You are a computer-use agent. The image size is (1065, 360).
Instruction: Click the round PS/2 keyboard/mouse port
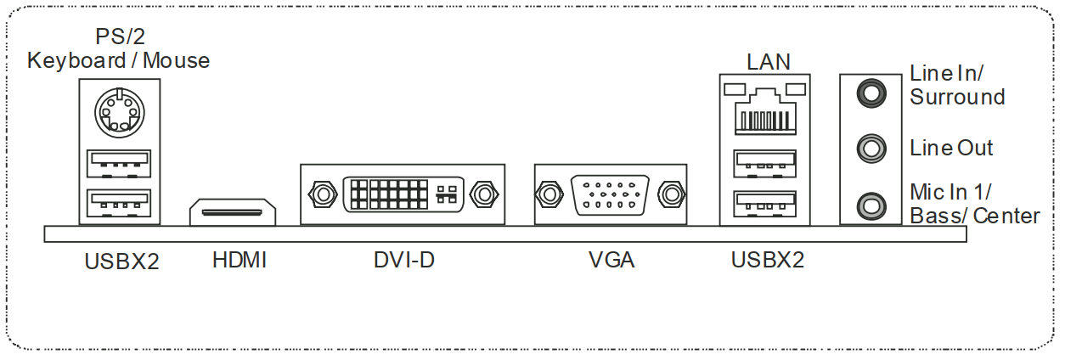click(119, 111)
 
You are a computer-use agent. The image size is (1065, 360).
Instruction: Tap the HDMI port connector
click(233, 213)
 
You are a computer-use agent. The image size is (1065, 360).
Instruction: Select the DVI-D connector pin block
click(402, 194)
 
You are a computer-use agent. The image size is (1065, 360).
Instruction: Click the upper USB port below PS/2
click(118, 160)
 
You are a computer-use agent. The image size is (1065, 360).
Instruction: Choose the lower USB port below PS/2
click(118, 203)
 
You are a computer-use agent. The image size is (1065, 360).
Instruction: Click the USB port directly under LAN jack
click(765, 160)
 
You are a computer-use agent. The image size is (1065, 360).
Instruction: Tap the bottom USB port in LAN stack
click(765, 203)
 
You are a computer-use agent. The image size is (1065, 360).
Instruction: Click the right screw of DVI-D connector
click(484, 194)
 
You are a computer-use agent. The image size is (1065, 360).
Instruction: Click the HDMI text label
click(239, 260)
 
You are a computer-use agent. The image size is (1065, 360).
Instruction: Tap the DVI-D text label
click(404, 260)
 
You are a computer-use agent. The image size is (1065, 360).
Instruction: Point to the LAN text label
click(768, 62)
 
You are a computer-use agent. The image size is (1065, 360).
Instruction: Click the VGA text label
click(611, 260)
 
